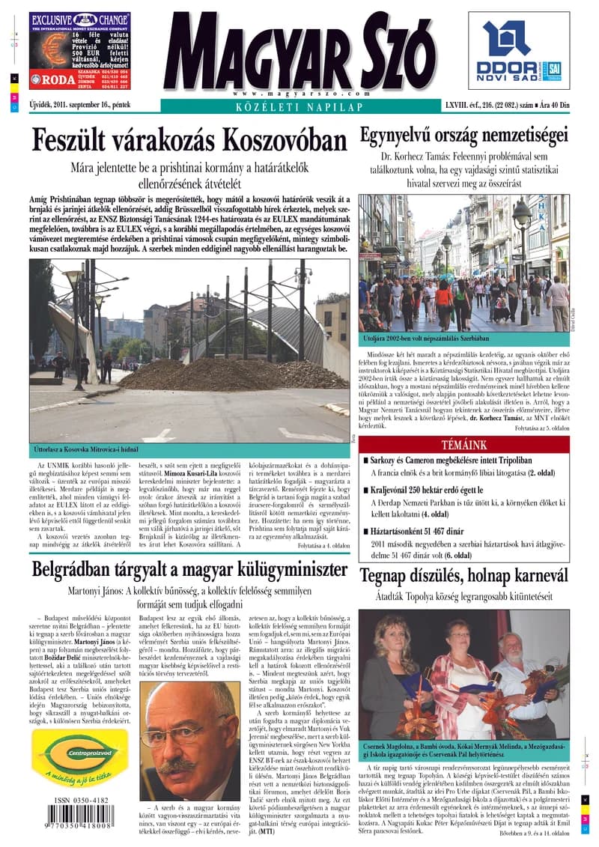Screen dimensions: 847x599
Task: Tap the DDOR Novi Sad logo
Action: click(518, 51)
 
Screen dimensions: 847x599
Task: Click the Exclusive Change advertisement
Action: click(80, 51)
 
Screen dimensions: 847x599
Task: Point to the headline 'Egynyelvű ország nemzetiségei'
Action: click(463, 136)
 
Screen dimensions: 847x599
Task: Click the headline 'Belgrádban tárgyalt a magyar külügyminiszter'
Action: click(189, 571)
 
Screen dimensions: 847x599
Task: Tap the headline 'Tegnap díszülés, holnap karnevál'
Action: click(463, 575)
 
